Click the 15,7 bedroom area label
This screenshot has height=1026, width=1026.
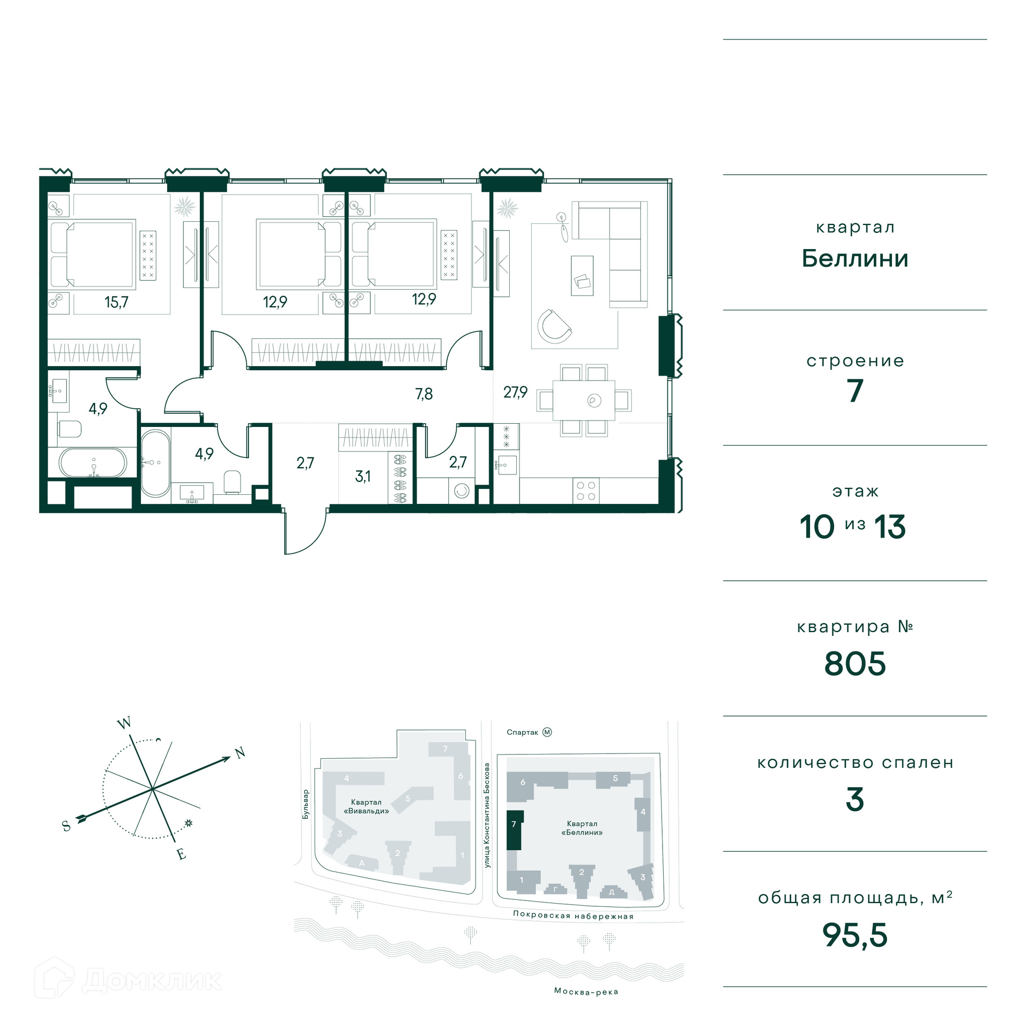[116, 302]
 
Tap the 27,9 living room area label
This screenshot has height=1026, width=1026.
[515, 392]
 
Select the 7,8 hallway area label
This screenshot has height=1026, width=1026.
[424, 394]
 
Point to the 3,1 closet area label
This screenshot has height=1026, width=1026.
[363, 476]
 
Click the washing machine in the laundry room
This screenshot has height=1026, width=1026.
[462, 491]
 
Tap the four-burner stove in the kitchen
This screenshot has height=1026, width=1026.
[585, 491]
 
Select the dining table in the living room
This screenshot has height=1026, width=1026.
[584, 400]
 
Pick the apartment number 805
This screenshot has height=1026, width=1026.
[854, 664]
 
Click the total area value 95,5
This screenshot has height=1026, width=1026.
[854, 935]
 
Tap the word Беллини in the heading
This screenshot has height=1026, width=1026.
[855, 259]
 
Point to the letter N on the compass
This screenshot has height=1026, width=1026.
[240, 753]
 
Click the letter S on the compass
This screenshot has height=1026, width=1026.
[67, 826]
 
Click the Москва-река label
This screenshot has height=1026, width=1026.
[586, 992]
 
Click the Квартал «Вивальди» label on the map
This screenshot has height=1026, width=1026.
[366, 806]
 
